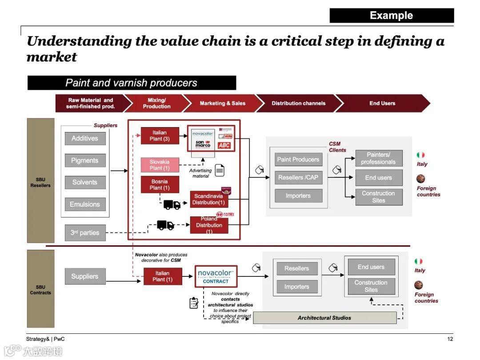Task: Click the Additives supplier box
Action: point(85,138)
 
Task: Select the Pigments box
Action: point(85,160)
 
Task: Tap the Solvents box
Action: point(85,182)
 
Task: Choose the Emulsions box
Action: point(85,204)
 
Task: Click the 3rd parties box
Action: point(85,232)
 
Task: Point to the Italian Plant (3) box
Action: point(160,136)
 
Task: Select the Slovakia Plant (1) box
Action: point(160,165)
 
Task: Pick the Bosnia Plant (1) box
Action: point(160,184)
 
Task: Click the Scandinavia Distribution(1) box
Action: point(209,199)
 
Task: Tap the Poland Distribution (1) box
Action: point(209,225)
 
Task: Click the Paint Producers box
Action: point(298,160)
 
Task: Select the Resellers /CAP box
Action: point(298,177)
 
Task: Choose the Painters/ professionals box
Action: point(379,158)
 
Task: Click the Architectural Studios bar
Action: point(324,318)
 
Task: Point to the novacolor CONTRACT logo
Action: point(216,276)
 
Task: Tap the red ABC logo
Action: point(224,145)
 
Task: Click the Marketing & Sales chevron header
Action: point(222,103)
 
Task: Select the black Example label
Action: point(392,16)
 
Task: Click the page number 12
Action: point(450,339)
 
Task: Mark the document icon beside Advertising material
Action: point(220,170)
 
